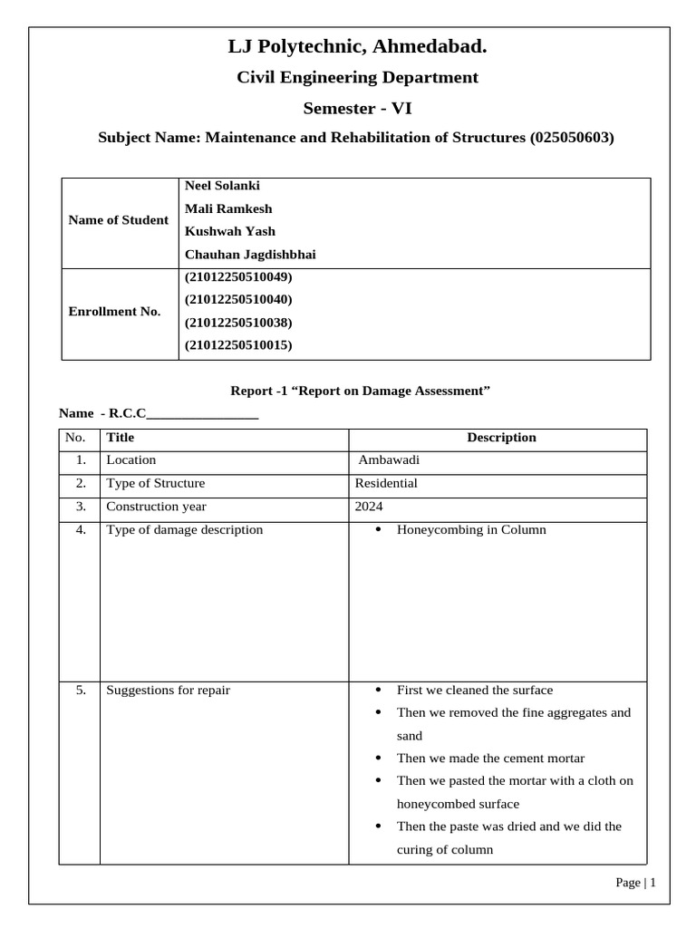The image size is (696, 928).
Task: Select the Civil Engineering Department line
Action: pos(357,78)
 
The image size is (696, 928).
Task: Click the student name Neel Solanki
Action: pos(222,186)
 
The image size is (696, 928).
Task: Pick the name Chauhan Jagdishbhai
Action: pos(250,255)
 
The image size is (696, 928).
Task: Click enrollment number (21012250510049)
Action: pos(238,277)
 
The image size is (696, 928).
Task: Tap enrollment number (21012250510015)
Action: pos(238,345)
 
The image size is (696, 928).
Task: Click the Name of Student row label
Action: pos(119,220)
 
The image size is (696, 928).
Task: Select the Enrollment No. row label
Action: pos(115,312)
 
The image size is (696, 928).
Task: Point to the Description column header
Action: pos(501,438)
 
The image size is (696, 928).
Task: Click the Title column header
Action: pos(121,438)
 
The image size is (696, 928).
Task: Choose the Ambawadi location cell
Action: pos(390,460)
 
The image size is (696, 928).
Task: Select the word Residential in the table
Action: pos(386,484)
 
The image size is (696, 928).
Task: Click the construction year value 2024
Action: pos(370,507)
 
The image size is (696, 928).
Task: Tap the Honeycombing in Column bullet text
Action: pos(471,530)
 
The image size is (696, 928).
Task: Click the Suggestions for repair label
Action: pos(168,691)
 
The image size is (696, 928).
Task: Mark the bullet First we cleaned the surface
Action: pos(475,691)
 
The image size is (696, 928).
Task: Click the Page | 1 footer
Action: pos(635,883)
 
